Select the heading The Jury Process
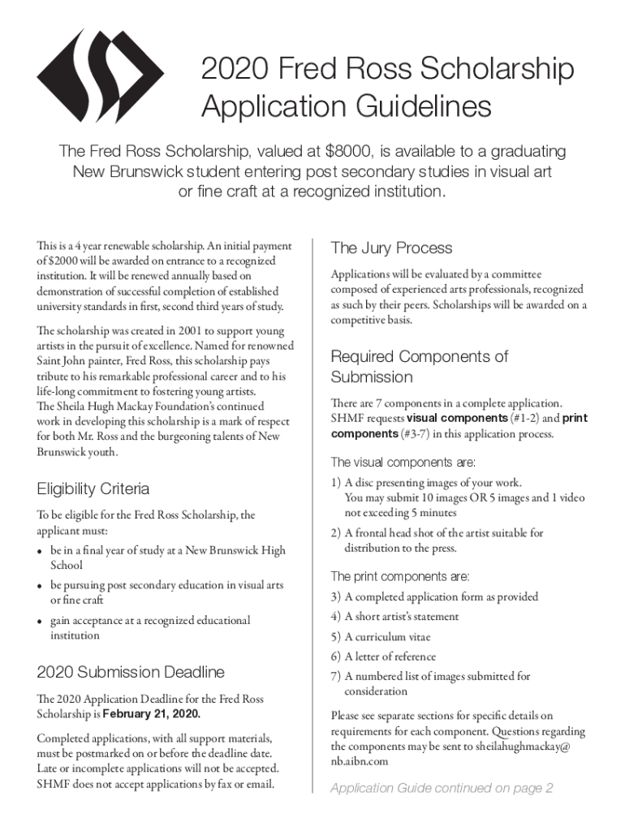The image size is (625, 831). pos(391,248)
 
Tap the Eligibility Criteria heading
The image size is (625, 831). pos(93,489)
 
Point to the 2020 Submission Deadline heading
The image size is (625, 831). pos(131,672)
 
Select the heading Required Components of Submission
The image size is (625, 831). pos(419,367)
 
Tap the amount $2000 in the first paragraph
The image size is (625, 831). pos(69,260)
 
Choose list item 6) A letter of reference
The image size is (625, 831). pos(382,657)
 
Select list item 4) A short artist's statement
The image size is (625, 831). pos(394,617)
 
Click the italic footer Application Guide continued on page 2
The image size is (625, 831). pos(442,788)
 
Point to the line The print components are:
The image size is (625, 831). pos(399,576)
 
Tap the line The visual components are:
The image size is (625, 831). pos(403,463)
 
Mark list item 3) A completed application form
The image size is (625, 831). pos(433,596)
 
